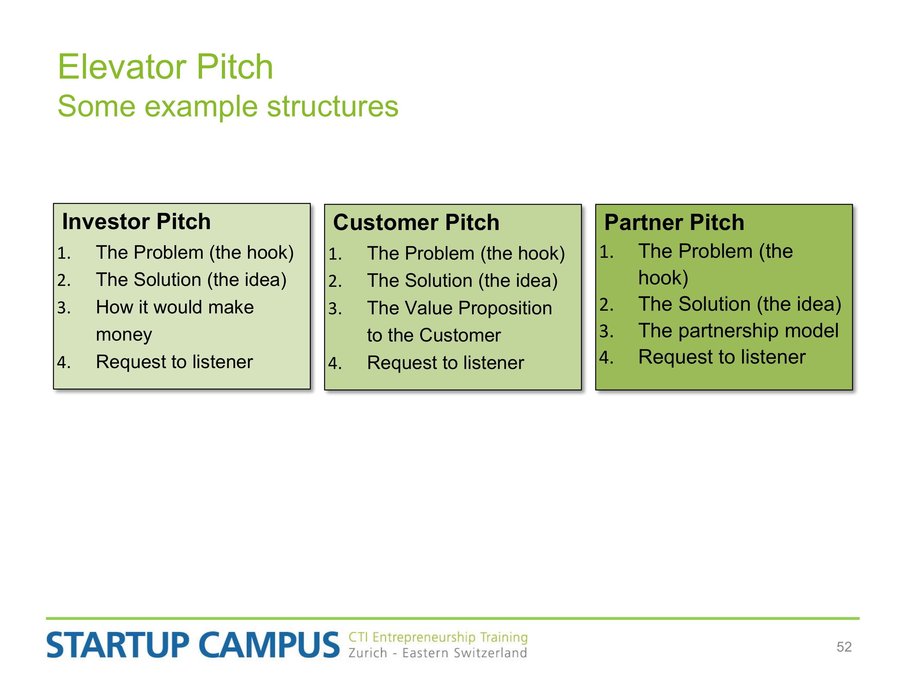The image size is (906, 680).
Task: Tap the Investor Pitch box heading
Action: [137, 222]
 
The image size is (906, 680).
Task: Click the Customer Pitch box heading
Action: [416, 222]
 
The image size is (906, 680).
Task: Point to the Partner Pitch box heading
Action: [674, 222]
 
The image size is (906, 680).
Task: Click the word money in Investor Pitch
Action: [124, 335]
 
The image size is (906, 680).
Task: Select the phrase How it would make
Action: [175, 307]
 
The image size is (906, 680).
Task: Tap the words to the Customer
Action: [434, 335]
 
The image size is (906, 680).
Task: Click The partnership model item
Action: [738, 330]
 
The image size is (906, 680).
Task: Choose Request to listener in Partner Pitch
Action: [722, 357]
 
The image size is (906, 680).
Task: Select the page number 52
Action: [844, 647]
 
